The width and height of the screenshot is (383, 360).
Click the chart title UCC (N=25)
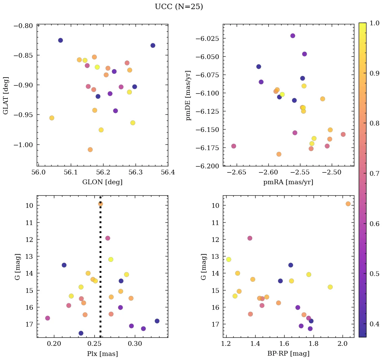pyautogui.click(x=179, y=7)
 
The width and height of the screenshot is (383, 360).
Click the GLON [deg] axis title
pyautogui.click(x=102, y=182)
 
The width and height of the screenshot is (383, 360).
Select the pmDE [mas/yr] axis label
pyautogui.click(x=188, y=95)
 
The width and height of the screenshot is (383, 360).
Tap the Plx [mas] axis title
pyautogui.click(x=102, y=354)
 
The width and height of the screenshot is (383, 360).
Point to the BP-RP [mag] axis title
pyautogui.click(x=288, y=354)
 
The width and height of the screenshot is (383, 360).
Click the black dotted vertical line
pyautogui.click(x=100, y=270)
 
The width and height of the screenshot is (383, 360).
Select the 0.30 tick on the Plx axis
pyautogui.click(x=136, y=344)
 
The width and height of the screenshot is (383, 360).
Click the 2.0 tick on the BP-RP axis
pyautogui.click(x=343, y=344)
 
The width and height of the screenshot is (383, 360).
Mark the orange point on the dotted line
pyautogui.click(x=100, y=204)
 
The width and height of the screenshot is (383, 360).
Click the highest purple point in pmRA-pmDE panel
pyautogui.click(x=293, y=36)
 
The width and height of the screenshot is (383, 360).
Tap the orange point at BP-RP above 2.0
pyautogui.click(x=348, y=204)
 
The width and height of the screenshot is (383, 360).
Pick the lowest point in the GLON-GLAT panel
pyautogui.click(x=90, y=149)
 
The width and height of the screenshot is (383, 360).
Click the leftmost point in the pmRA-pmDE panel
pyautogui.click(x=234, y=146)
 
